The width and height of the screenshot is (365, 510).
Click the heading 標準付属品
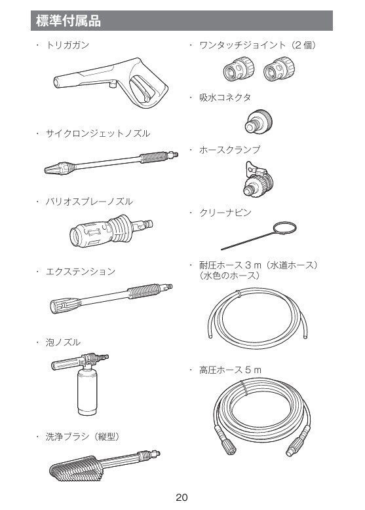pyautogui.click(x=68, y=21)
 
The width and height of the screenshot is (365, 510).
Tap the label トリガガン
pyautogui.click(x=67, y=45)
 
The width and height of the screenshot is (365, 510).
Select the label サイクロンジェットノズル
pyautogui.click(x=98, y=134)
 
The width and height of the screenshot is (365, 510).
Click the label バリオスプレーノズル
pyautogui.click(x=89, y=202)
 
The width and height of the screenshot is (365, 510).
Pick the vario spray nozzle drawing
pyautogui.click(x=111, y=230)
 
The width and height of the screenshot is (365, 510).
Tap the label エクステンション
pyautogui.click(x=81, y=272)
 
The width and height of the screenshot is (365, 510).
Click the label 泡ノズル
pyautogui.click(x=63, y=342)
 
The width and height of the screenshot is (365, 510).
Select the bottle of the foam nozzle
pyautogui.click(x=87, y=393)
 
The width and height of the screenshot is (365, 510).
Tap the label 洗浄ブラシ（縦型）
pyautogui.click(x=83, y=437)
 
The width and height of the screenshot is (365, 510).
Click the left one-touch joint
pyautogui.click(x=239, y=69)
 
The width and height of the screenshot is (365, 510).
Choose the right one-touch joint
pyautogui.click(x=279, y=69)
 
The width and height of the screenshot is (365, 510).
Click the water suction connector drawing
pyautogui.click(x=258, y=121)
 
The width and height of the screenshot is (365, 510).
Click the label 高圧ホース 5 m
pyautogui.click(x=230, y=370)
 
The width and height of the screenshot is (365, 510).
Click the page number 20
pyautogui.click(x=182, y=498)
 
